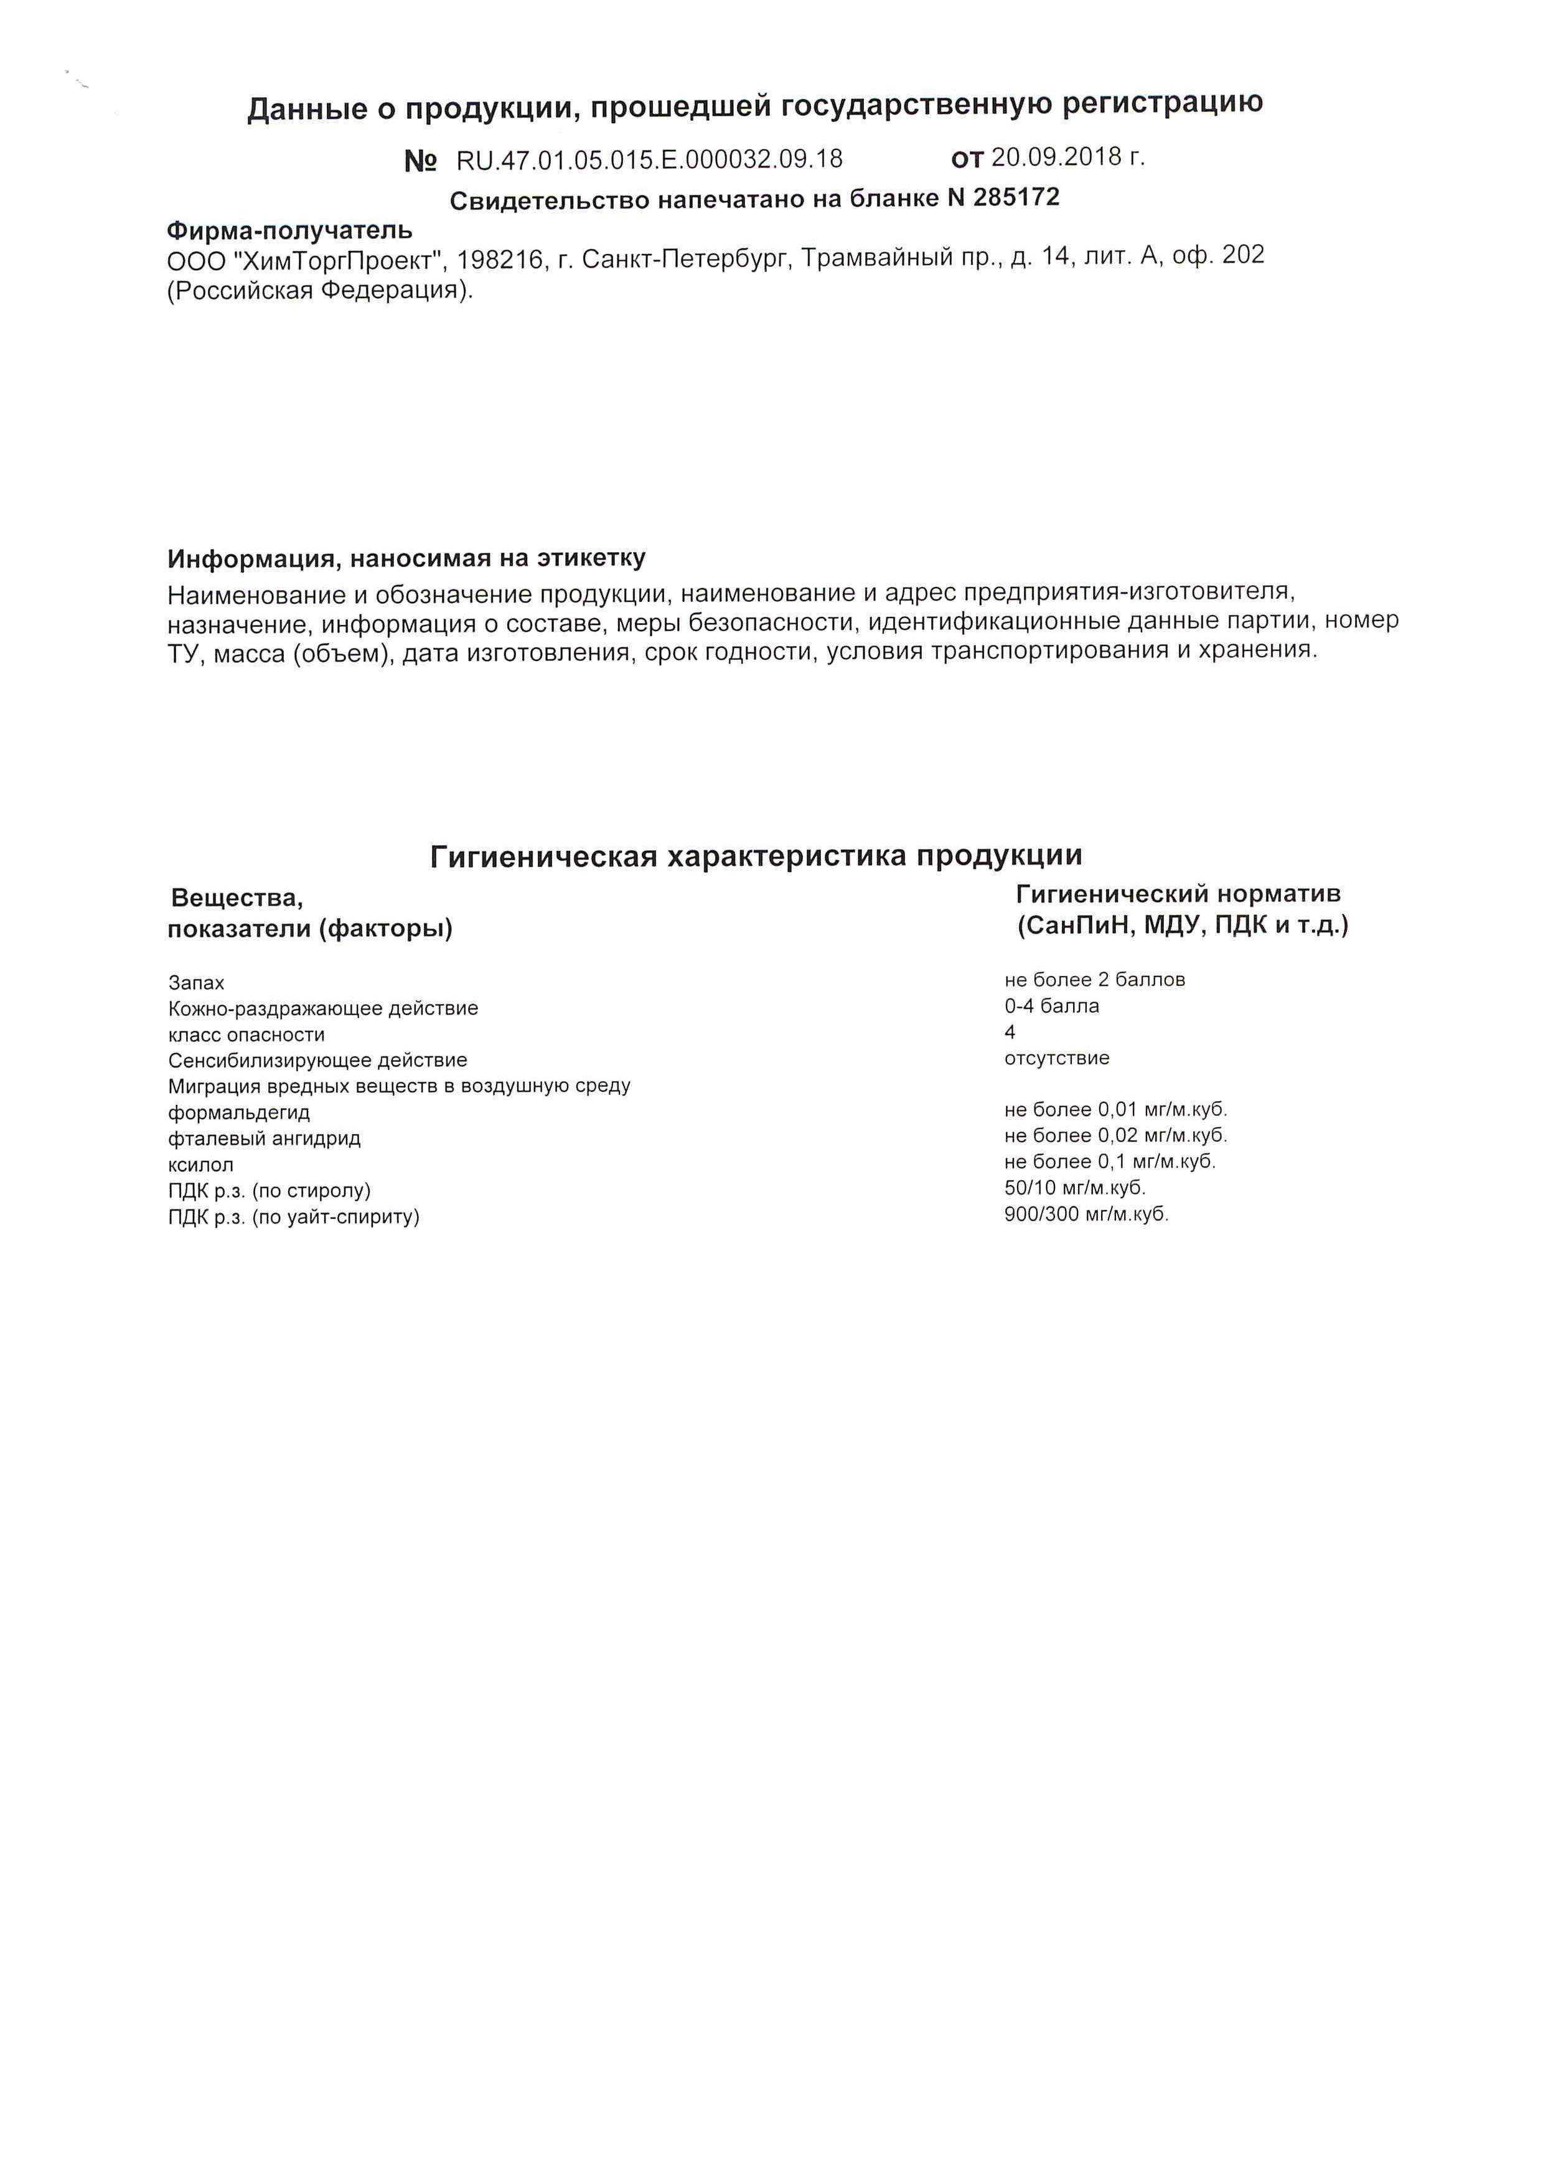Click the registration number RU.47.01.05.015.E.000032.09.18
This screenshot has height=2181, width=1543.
pos(649,159)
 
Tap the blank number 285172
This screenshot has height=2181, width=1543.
pos(1016,197)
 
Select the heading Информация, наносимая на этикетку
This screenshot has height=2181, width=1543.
pos(406,558)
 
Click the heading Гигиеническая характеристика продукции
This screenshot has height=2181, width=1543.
pos(756,856)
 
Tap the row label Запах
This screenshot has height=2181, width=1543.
pos(195,983)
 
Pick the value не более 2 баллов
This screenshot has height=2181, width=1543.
pos(1095,979)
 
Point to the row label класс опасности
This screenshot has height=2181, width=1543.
pos(246,1034)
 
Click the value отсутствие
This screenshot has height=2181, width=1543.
pos(1056,1058)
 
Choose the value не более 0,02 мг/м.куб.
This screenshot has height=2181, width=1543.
pos(1115,1135)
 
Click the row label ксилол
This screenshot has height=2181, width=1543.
pos(200,1165)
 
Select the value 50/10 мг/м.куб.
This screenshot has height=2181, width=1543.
pos(1074,1188)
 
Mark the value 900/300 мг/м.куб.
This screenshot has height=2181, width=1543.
pos(1086,1214)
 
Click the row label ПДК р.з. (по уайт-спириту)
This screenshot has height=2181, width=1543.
pos(294,1217)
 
